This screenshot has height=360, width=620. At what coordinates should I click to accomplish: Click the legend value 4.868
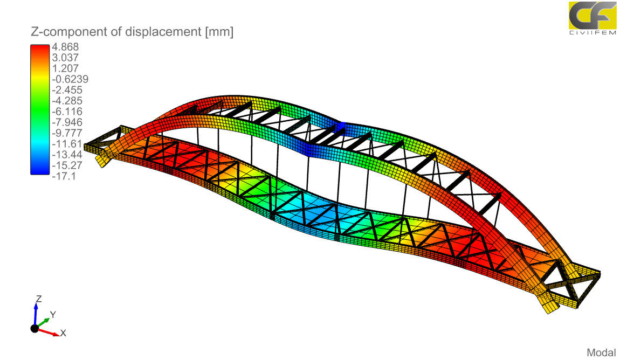pyautogui.click(x=65, y=47)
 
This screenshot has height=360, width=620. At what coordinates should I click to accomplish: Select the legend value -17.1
pyautogui.click(x=64, y=176)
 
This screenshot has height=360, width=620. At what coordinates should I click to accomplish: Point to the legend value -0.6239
pyautogui.click(x=70, y=79)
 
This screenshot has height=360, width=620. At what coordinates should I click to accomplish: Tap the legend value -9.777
pyautogui.click(x=67, y=133)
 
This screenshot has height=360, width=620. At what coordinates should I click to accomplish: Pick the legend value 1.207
pyautogui.click(x=65, y=68)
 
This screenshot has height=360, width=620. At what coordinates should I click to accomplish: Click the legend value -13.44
pyautogui.click(x=67, y=155)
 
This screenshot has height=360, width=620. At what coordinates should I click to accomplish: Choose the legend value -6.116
pyautogui.click(x=67, y=112)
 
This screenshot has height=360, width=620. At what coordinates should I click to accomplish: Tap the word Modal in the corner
pyautogui.click(x=602, y=352)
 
